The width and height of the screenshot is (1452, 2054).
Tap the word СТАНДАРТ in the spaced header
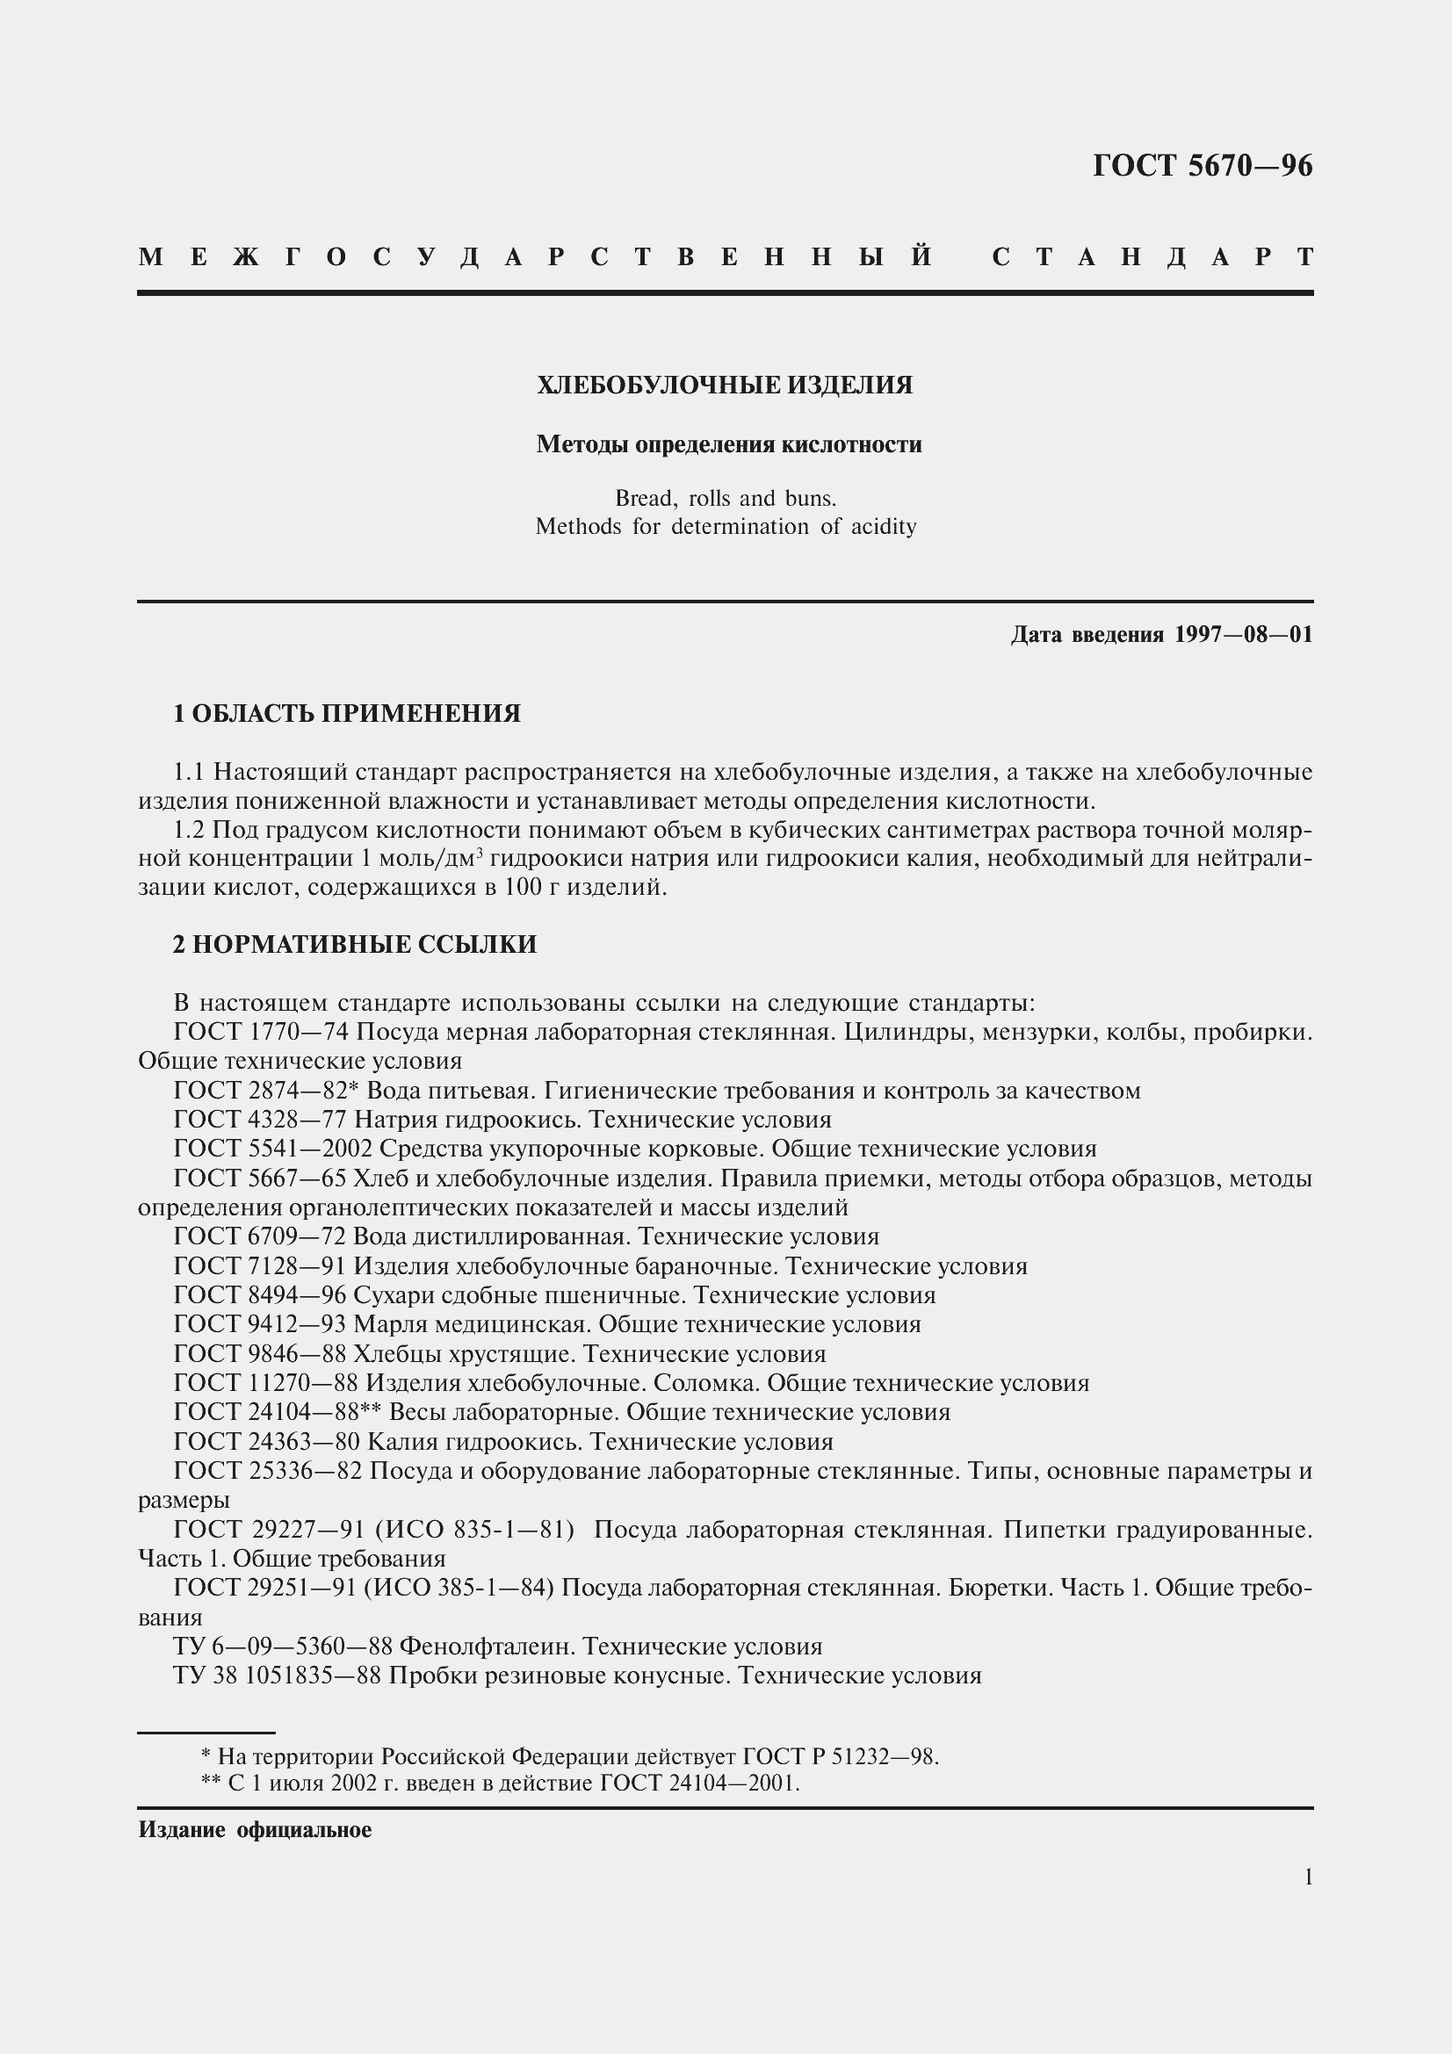click(1152, 257)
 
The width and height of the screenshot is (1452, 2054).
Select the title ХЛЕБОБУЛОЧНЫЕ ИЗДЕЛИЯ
click(725, 386)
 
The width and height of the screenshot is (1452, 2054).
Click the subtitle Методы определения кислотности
click(728, 444)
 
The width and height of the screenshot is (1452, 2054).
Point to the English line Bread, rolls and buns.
click(725, 498)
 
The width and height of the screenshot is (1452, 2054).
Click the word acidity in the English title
click(884, 527)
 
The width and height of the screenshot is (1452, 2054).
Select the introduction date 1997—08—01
click(1244, 635)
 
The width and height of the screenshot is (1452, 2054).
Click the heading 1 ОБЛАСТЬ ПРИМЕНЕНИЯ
click(346, 714)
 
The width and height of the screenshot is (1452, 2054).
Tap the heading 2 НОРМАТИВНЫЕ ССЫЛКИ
click(354, 945)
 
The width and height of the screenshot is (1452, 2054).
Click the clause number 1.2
click(189, 831)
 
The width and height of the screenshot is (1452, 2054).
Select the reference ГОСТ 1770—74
click(259, 1033)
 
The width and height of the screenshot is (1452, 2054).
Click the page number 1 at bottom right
click(1308, 1877)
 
